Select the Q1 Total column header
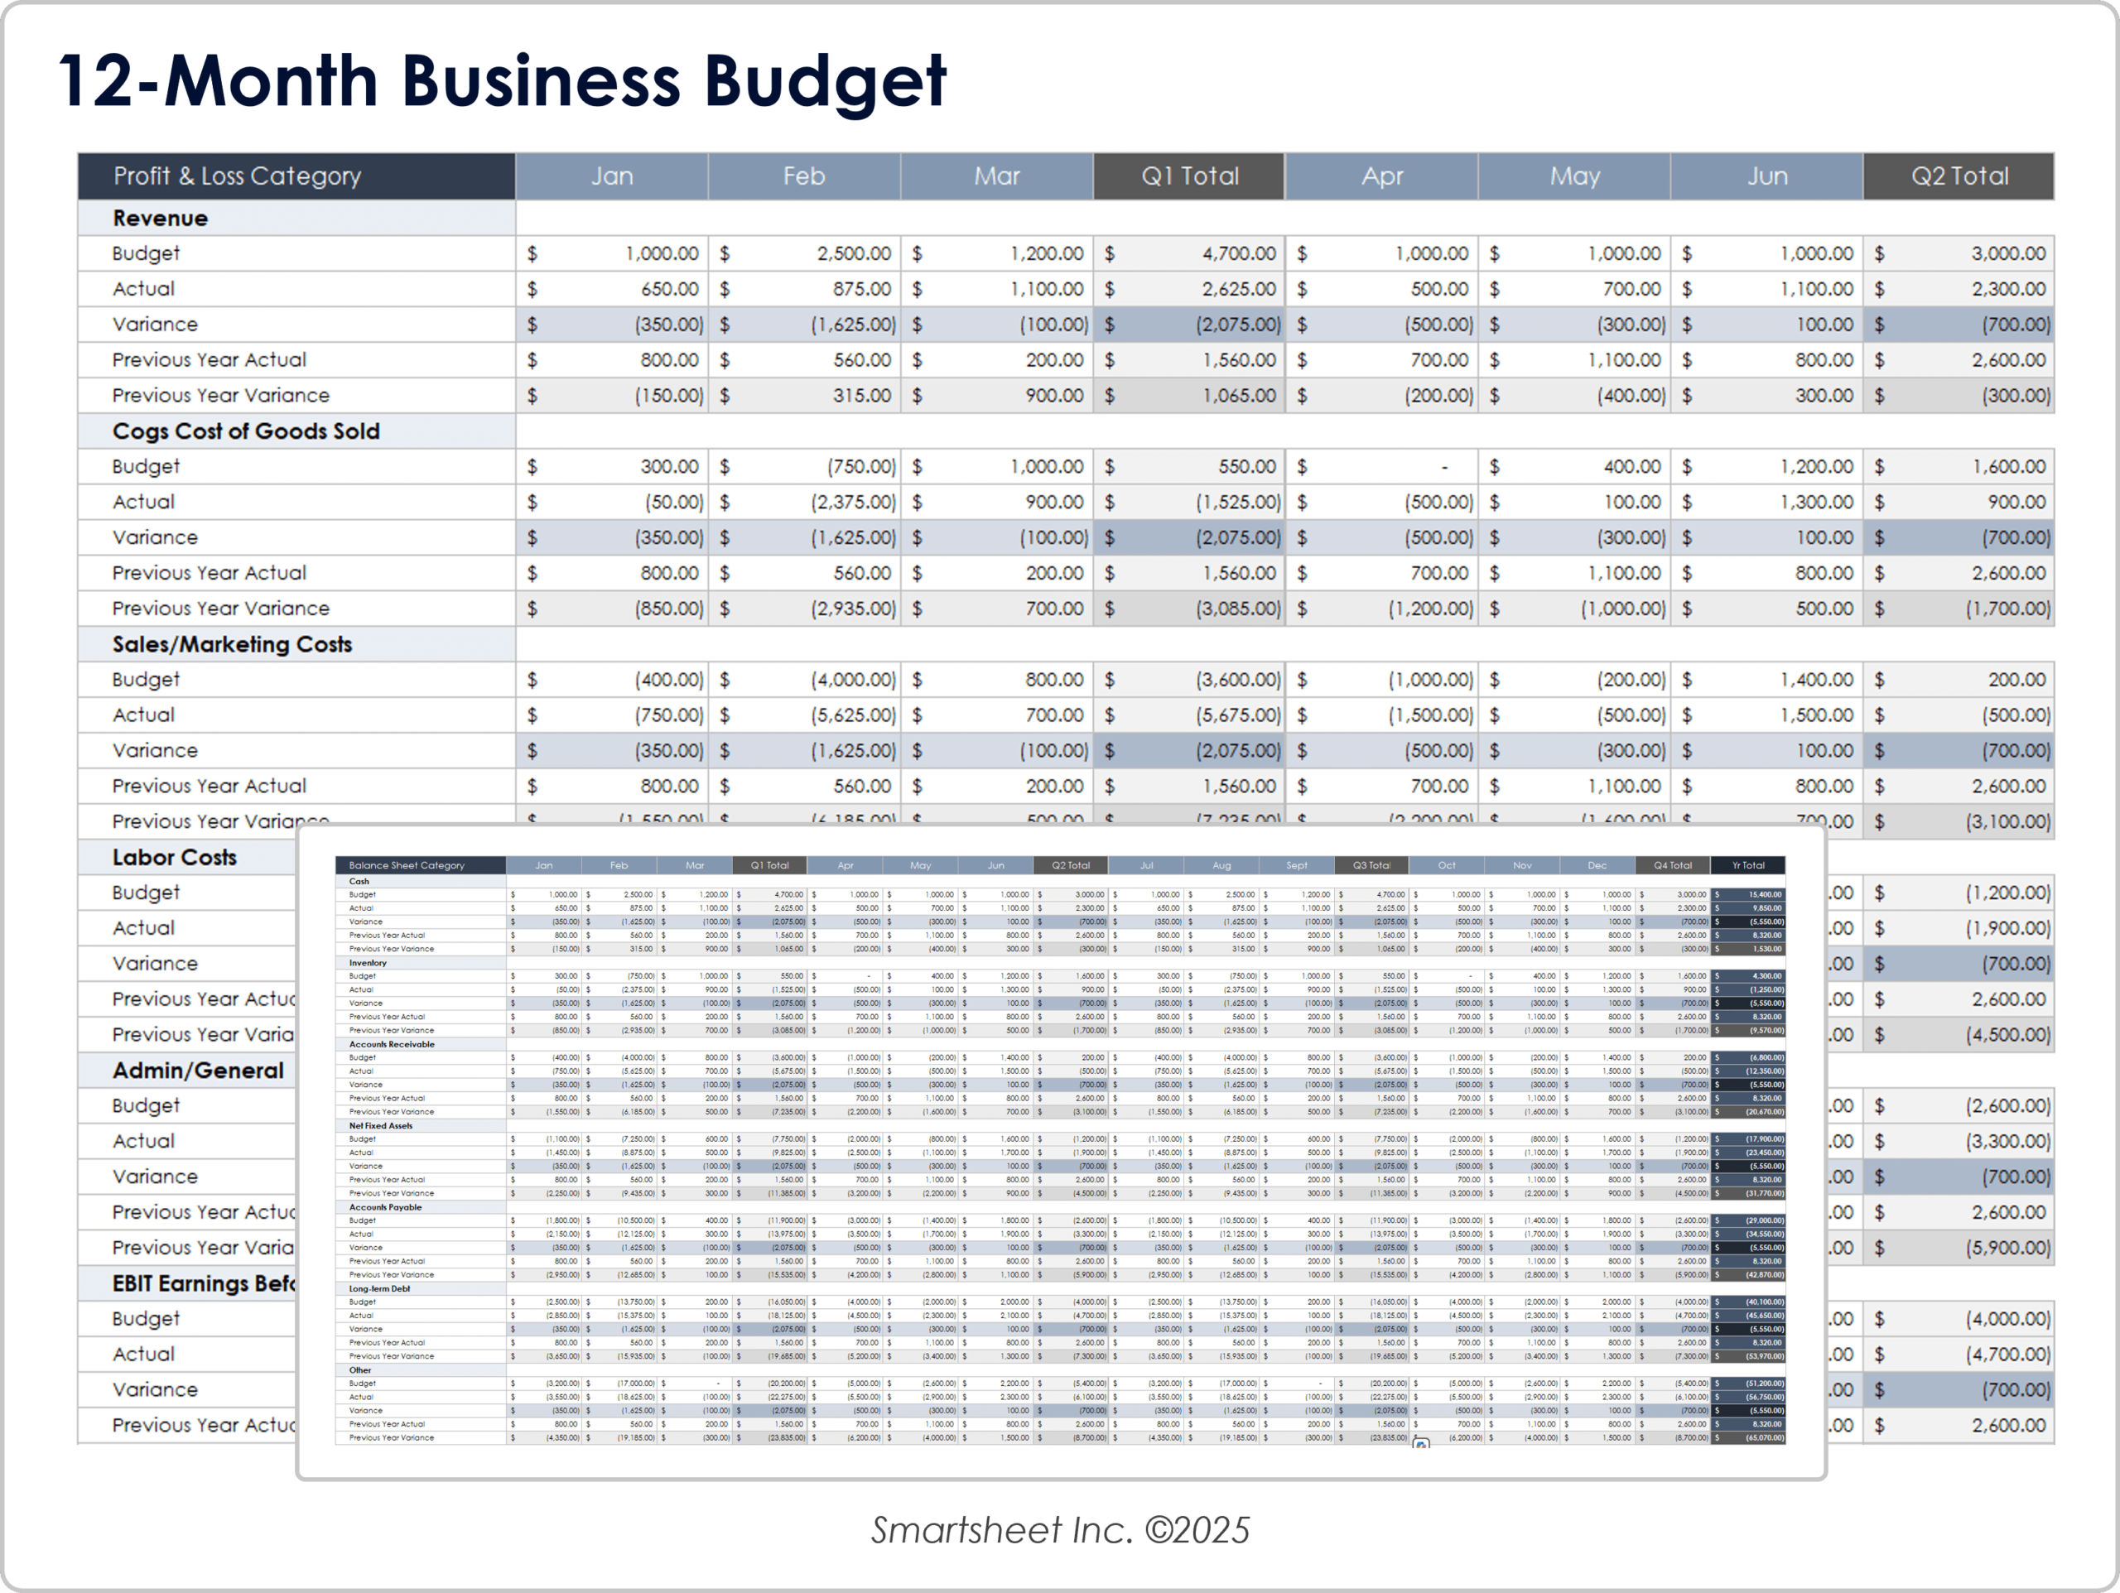(x=1189, y=176)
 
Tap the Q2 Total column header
(x=1959, y=176)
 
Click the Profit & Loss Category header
(x=237, y=176)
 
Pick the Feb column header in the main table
(x=803, y=176)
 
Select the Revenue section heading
(x=160, y=219)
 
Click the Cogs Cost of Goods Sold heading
(x=245, y=431)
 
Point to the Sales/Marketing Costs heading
(x=232, y=644)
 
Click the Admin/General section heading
(x=197, y=1071)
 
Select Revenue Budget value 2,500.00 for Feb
(x=853, y=254)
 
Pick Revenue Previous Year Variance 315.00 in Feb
(x=860, y=396)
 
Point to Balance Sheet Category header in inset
(x=407, y=865)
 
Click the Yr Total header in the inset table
(x=1747, y=865)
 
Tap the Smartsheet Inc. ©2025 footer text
(x=1060, y=1531)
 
